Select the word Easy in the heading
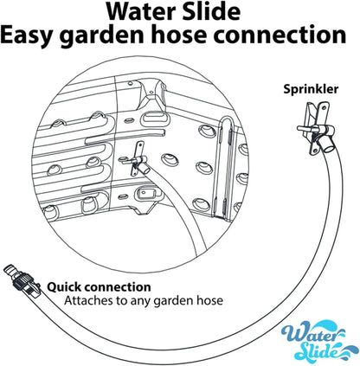coord(28,35)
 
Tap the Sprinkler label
coord(311,89)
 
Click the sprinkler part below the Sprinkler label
coord(316,128)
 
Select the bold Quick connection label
coord(99,287)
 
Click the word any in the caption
coord(141,302)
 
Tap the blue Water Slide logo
coord(313,340)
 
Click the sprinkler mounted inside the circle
coord(135,159)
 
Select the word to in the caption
coord(122,301)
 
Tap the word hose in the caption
coord(210,300)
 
